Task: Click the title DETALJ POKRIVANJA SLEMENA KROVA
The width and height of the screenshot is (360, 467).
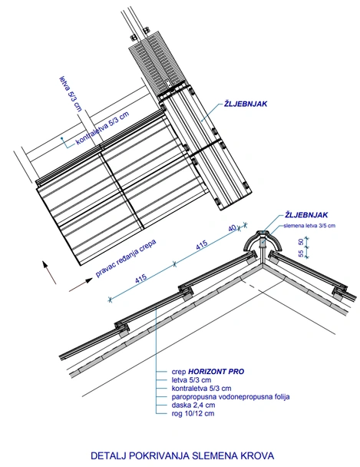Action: pyautogui.click(x=182, y=455)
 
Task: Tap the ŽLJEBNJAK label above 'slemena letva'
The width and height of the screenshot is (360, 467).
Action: pyautogui.click(x=306, y=215)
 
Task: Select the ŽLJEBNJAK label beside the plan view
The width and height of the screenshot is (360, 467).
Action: pyautogui.click(x=246, y=104)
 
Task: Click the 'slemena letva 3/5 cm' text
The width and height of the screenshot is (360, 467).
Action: pyautogui.click(x=309, y=226)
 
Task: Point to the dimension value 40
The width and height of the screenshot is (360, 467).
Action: pyautogui.click(x=233, y=228)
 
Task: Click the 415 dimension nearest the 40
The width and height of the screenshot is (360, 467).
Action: pyautogui.click(x=202, y=245)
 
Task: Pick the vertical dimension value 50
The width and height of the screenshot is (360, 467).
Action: pyautogui.click(x=301, y=242)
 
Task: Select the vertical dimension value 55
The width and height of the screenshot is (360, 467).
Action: pyautogui.click(x=301, y=253)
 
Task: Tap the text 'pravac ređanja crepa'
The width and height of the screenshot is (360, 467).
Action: pyautogui.click(x=126, y=258)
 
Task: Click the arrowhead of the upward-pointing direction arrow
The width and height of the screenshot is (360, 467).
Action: pyautogui.click(x=45, y=265)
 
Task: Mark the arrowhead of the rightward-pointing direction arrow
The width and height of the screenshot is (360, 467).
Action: pyautogui.click(x=89, y=280)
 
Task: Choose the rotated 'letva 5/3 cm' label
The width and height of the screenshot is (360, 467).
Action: pyautogui.click(x=71, y=94)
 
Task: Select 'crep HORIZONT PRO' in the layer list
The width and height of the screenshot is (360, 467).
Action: pyautogui.click(x=208, y=372)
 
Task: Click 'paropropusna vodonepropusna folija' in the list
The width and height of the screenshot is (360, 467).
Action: pyautogui.click(x=230, y=396)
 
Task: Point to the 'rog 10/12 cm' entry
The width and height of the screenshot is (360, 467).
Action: pyautogui.click(x=193, y=413)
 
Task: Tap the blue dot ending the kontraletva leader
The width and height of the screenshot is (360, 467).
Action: pyautogui.click(x=62, y=138)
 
